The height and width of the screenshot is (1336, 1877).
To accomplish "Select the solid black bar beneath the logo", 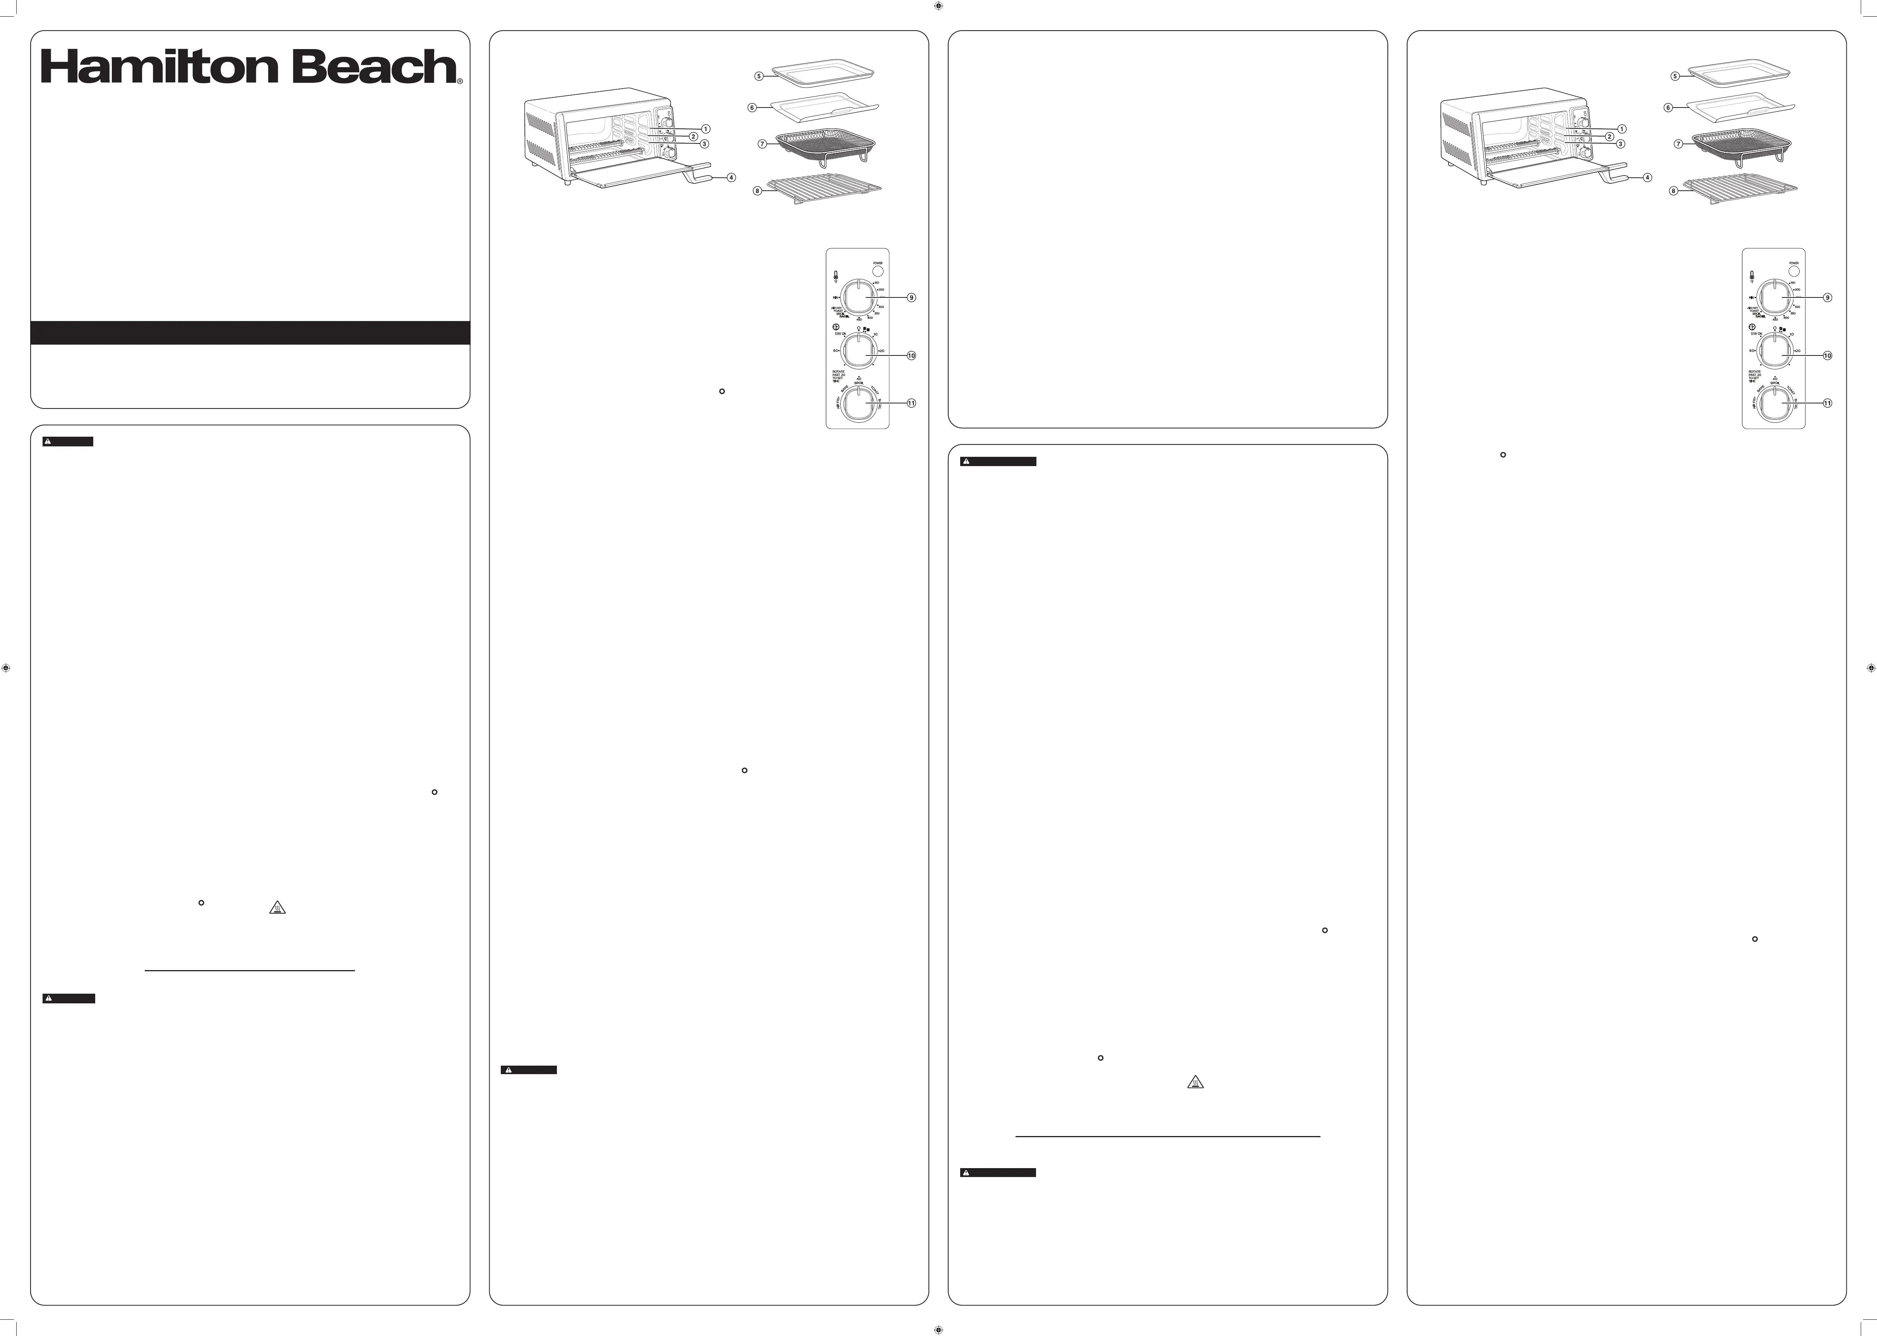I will (x=250, y=332).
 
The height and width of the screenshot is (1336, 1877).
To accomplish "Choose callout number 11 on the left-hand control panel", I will (x=911, y=403).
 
